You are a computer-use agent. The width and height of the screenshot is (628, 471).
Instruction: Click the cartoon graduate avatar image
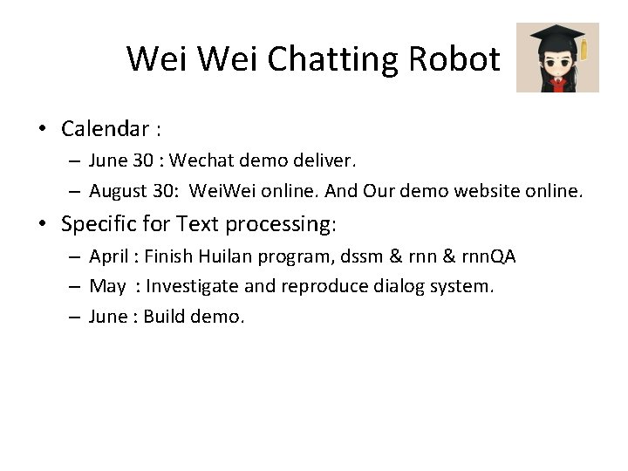(x=557, y=58)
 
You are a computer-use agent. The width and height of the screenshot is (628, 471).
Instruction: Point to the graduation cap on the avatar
(x=556, y=35)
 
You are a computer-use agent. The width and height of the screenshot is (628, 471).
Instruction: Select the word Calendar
(x=106, y=129)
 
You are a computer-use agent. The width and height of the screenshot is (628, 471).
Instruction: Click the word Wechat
(x=201, y=160)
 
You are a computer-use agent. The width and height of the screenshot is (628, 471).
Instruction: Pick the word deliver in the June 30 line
(x=326, y=160)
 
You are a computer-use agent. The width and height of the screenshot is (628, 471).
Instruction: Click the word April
(x=109, y=256)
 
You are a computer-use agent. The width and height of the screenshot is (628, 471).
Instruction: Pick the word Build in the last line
(x=163, y=316)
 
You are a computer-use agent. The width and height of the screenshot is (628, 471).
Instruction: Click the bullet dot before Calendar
(x=41, y=130)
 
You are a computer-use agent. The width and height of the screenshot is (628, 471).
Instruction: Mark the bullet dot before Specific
(x=41, y=224)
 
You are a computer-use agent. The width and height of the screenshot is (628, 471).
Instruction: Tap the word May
(x=107, y=286)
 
